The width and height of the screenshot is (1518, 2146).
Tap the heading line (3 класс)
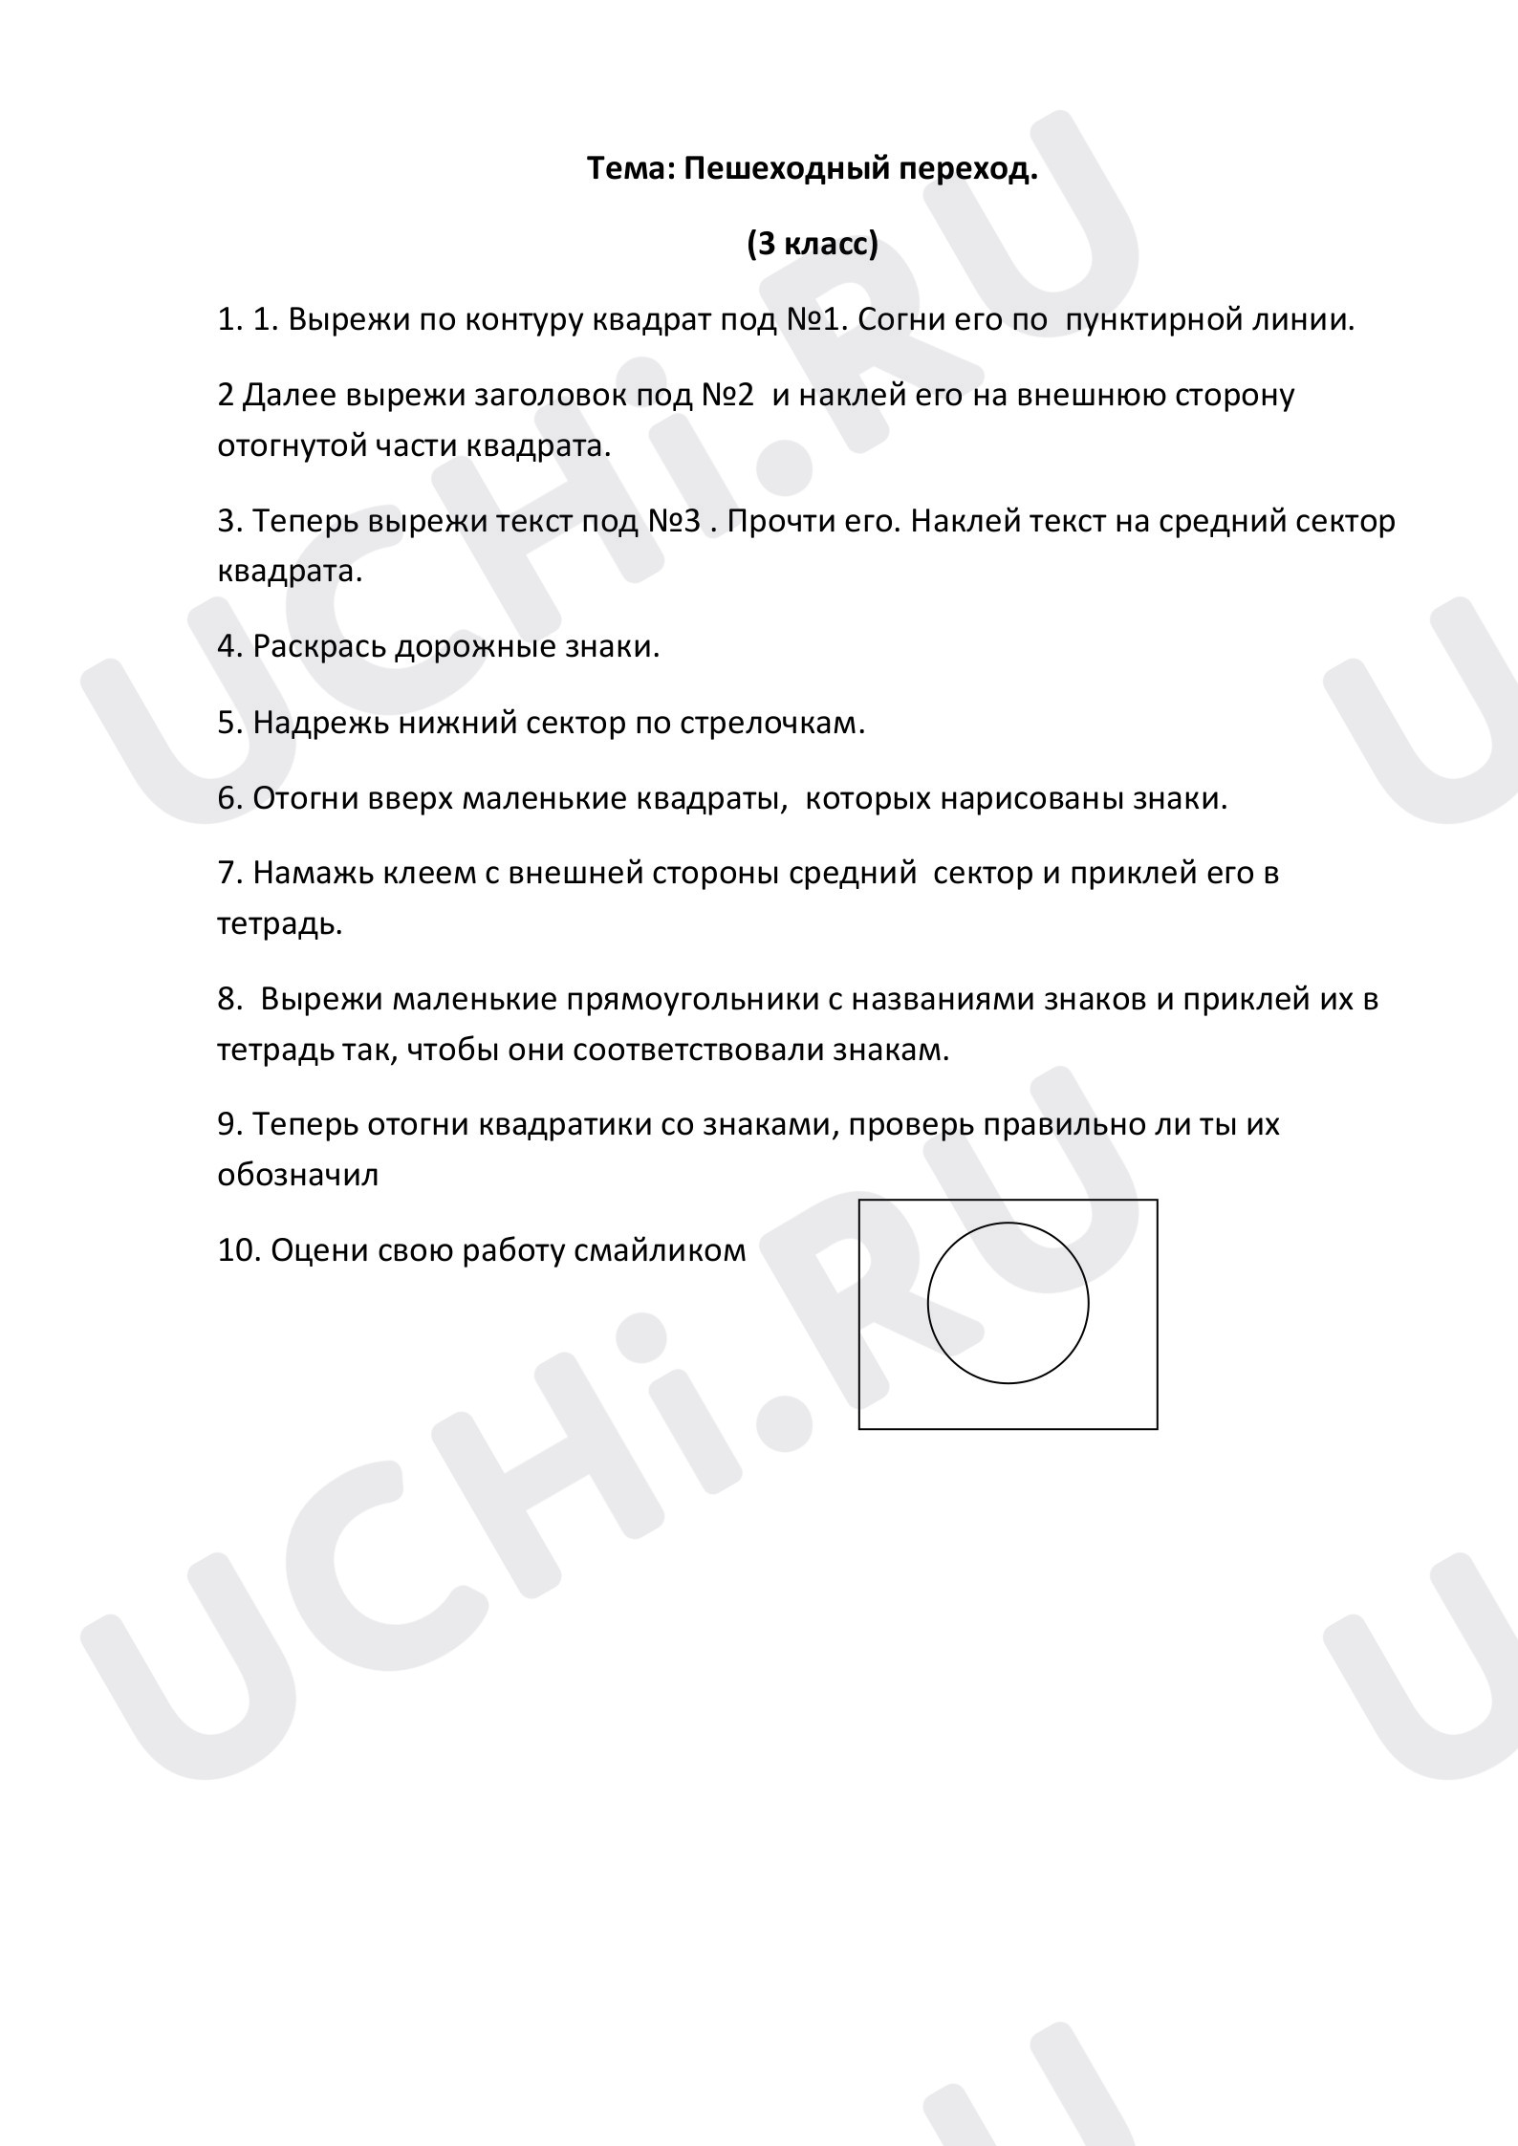[x=813, y=245]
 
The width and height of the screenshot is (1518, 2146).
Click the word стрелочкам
[x=772, y=723]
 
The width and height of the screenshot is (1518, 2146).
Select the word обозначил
[x=298, y=1175]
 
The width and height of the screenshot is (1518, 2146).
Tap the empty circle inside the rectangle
[x=1008, y=1303]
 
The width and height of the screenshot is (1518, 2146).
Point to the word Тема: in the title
[x=631, y=169]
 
